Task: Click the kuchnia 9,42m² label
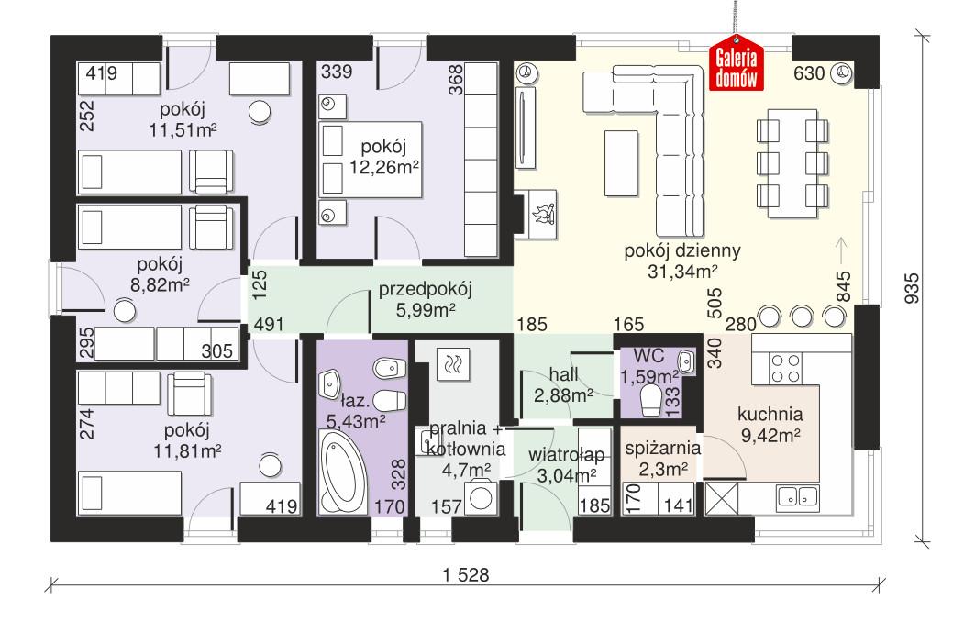point(771,424)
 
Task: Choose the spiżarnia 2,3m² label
point(662,459)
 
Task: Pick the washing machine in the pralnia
point(481,499)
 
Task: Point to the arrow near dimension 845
point(842,247)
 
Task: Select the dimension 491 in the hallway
point(270,323)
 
